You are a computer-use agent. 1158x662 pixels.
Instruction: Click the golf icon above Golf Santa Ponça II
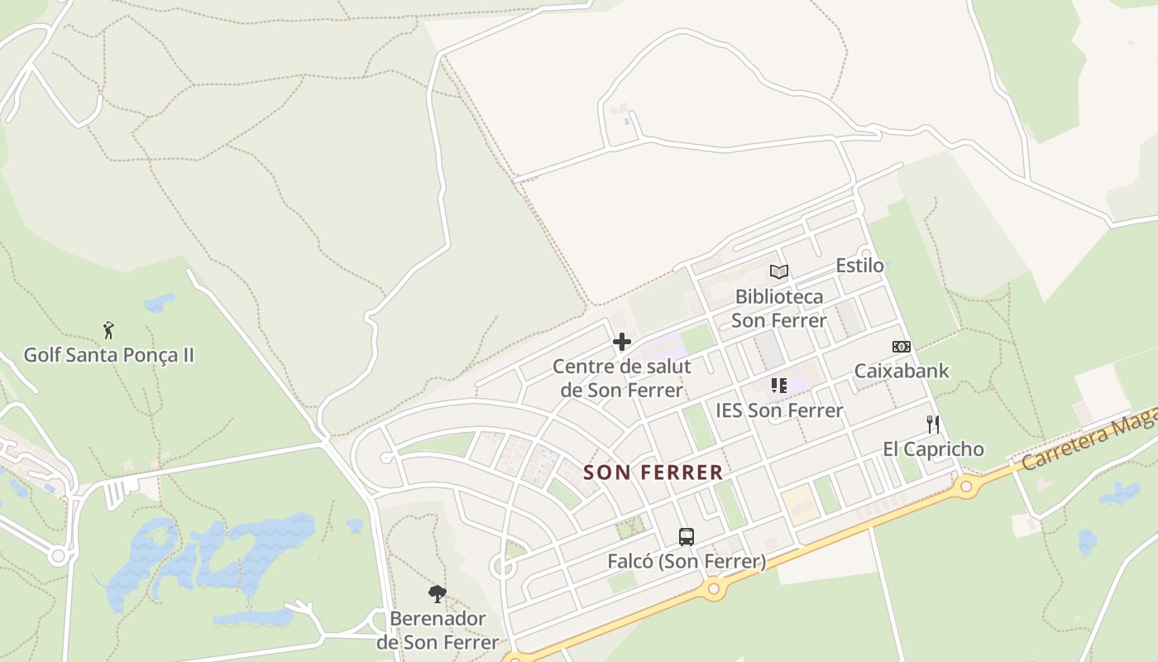coord(108,330)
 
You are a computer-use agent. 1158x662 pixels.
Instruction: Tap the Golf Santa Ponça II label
coord(108,355)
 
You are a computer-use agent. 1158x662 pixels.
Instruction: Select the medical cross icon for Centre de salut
coord(622,342)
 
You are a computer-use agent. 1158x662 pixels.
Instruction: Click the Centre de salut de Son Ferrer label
coord(622,378)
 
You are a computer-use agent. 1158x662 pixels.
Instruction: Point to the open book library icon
coord(779,271)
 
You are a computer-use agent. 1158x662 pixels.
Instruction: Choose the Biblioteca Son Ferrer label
coord(779,308)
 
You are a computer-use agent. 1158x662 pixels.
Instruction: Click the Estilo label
coord(859,266)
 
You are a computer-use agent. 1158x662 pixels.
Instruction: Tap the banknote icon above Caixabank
coord(902,347)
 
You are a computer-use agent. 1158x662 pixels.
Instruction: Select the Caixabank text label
coord(902,371)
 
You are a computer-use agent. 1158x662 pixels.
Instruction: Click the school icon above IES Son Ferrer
coord(779,385)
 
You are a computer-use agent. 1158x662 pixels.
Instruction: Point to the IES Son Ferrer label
coord(779,410)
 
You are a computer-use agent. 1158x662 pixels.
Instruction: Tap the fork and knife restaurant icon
coord(933,425)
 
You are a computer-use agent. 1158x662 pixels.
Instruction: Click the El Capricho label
coord(933,449)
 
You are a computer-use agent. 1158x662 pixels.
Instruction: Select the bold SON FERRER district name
coord(653,473)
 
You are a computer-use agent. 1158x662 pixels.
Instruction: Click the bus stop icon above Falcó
coord(687,537)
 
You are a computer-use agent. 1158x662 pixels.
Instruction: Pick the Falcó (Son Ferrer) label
coord(687,562)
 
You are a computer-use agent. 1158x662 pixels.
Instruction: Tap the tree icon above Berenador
coord(438,593)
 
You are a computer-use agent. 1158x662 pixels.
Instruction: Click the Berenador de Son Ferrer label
coord(438,631)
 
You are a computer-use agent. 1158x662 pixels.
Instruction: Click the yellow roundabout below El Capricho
coord(965,486)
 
